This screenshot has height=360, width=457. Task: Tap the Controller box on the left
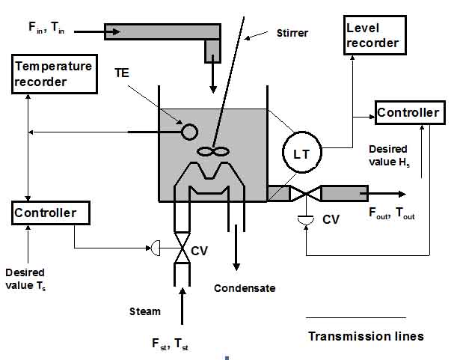click(x=50, y=213)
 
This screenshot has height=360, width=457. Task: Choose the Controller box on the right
click(x=408, y=113)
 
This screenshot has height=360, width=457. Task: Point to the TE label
click(x=123, y=75)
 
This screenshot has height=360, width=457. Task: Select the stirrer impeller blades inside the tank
click(x=212, y=151)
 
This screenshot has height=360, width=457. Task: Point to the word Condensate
click(x=244, y=288)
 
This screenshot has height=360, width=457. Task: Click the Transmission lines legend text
click(x=366, y=336)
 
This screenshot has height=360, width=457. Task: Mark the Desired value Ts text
click(x=25, y=278)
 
